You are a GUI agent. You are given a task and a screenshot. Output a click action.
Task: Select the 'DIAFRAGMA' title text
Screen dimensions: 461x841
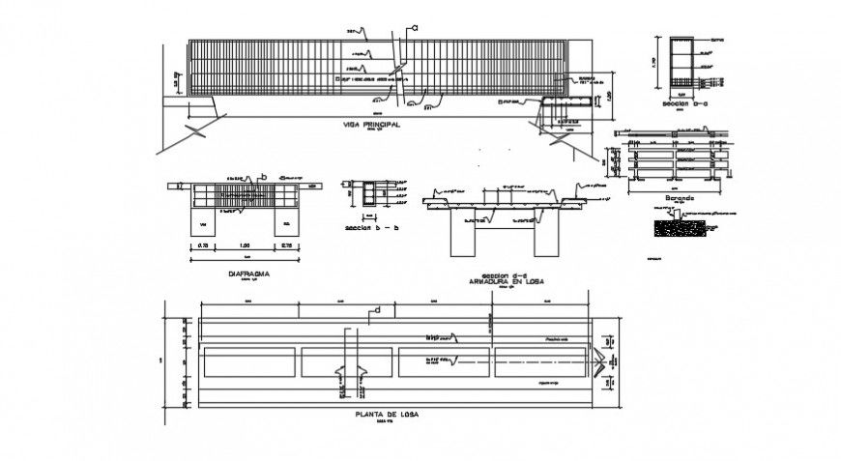(x=248, y=274)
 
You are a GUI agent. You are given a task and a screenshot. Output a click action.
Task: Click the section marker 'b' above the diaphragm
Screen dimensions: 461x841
(x=262, y=177)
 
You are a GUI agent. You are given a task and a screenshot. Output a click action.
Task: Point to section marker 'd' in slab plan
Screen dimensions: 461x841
(x=377, y=310)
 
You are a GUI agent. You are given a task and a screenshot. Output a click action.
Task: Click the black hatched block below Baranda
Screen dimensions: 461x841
(x=681, y=229)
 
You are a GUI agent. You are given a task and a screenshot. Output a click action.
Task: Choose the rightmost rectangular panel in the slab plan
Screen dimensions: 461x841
(x=539, y=361)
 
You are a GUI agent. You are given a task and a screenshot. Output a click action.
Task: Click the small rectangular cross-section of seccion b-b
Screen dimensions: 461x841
(x=368, y=196)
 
